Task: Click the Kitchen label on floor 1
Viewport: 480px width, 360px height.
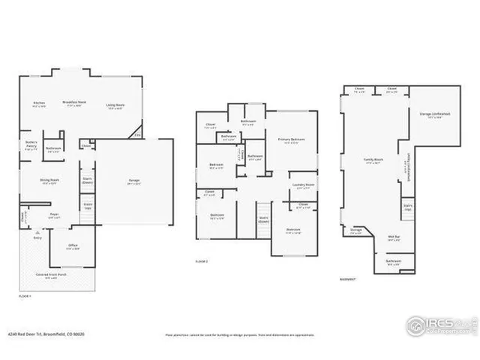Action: tap(39, 103)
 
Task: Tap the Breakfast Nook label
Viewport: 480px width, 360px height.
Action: tap(73, 103)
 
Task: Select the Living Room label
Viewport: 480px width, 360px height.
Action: tap(114, 104)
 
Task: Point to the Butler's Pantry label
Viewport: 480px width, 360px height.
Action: tap(31, 147)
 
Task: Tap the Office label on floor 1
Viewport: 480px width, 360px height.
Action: tap(73, 246)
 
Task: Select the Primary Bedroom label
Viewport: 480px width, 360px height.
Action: tap(291, 140)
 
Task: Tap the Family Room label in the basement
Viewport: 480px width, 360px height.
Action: tap(373, 161)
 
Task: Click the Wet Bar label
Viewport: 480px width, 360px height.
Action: tap(392, 237)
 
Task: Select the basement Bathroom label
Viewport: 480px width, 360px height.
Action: tap(393, 262)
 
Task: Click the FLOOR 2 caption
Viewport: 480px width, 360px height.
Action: tap(201, 261)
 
